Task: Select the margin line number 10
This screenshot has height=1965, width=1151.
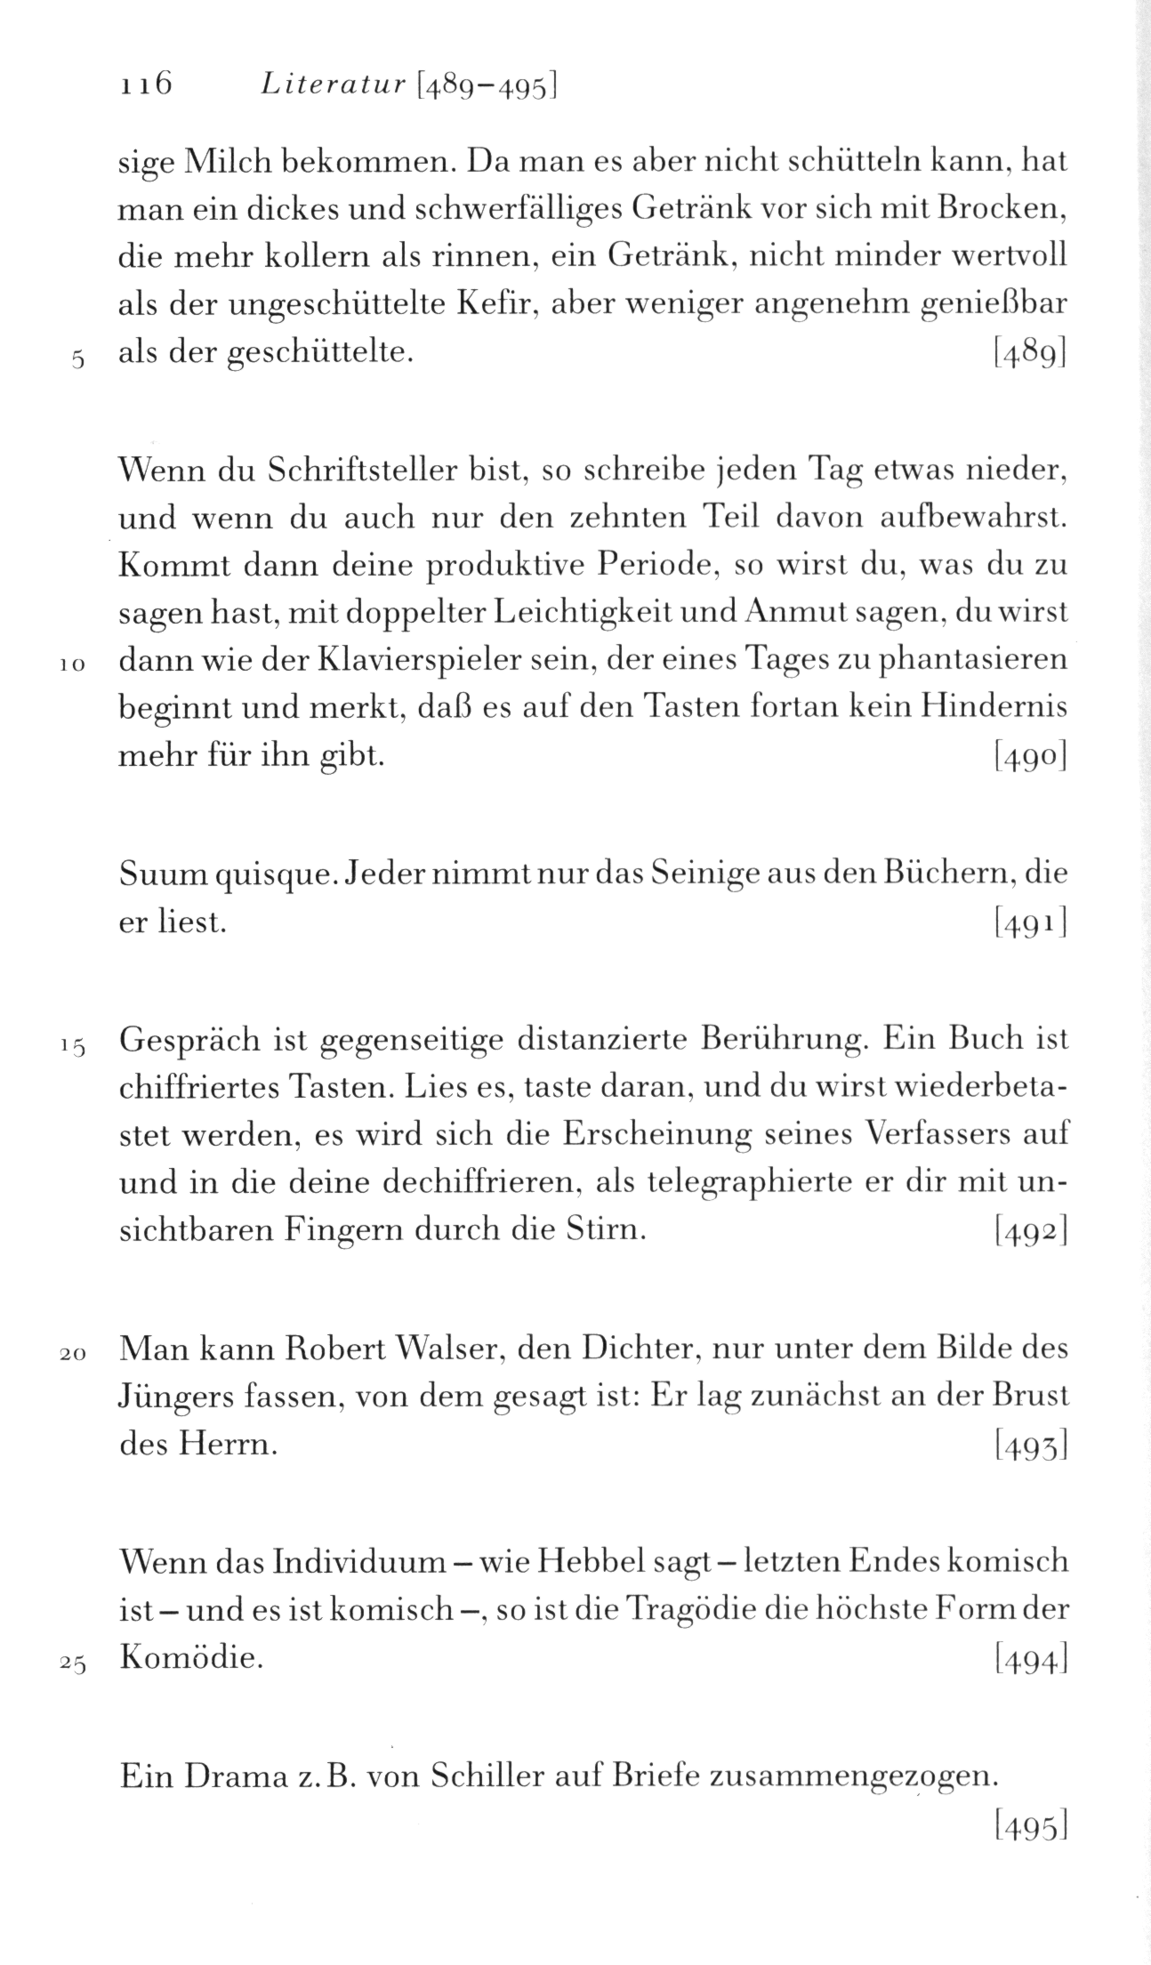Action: [73, 664]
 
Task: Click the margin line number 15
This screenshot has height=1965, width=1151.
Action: [73, 1046]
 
